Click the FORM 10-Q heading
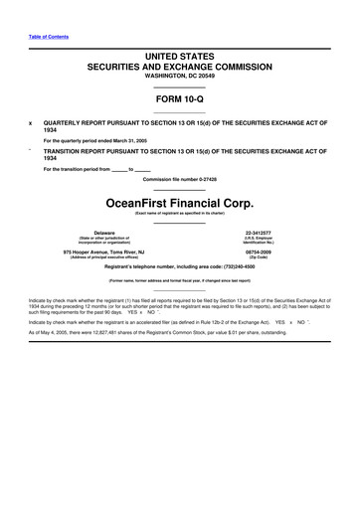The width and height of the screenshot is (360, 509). pyautogui.click(x=179, y=99)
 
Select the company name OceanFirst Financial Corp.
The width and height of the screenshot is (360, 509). pyautogui.click(x=179, y=198)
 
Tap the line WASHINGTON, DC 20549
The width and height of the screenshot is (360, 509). pyautogui.click(x=179, y=76)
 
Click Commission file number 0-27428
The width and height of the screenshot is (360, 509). pyautogui.click(x=179, y=179)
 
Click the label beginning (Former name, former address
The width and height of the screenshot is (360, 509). pyautogui.click(x=179, y=280)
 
